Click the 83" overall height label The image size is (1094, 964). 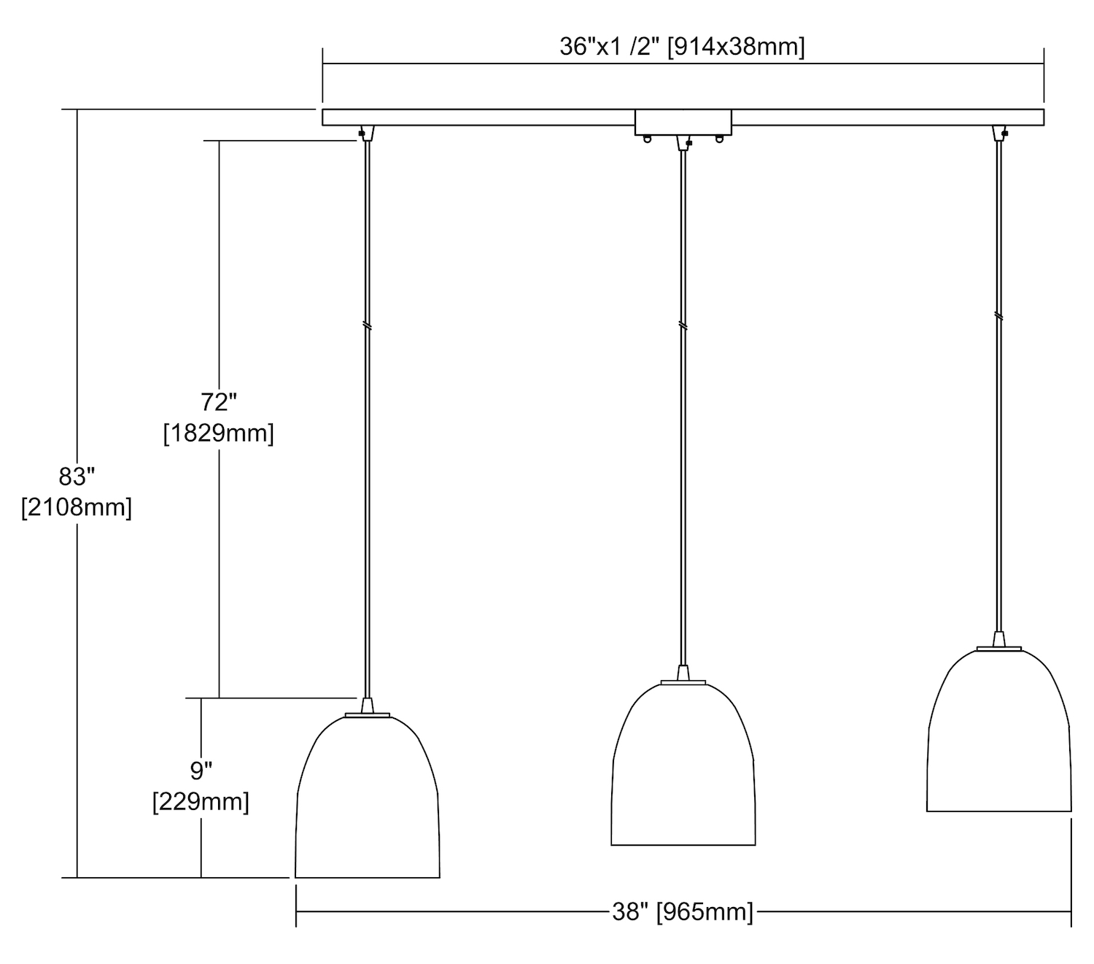[77, 477]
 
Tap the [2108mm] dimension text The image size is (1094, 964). [77, 507]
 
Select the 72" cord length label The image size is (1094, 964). [219, 402]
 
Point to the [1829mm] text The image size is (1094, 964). [219, 433]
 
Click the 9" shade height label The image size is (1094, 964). [201, 771]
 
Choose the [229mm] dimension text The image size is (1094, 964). [201, 802]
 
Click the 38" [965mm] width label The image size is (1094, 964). [683, 912]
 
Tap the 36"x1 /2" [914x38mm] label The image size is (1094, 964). [682, 47]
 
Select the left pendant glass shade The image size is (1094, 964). [367, 797]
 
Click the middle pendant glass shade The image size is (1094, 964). [683, 764]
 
